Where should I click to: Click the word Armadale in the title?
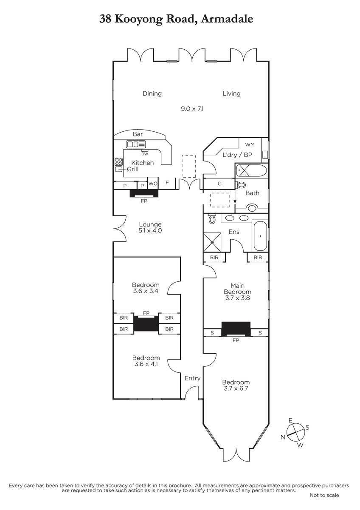[227, 19]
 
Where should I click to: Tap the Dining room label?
[152, 93]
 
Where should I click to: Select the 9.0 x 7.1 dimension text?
[192, 109]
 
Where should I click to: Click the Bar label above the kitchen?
[138, 134]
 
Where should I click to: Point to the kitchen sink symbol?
[136, 144]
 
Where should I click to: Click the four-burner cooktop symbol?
[119, 161]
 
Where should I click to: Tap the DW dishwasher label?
[145, 154]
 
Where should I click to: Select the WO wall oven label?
[153, 183]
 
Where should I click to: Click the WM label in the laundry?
[250, 144]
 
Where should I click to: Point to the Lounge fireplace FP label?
[144, 201]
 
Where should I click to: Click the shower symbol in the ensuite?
[212, 242]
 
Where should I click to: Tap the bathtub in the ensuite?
[260, 236]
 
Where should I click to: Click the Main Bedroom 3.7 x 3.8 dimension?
[237, 298]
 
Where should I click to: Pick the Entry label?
[192, 378]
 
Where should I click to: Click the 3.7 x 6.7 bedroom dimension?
[236, 388]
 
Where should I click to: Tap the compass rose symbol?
[295, 432]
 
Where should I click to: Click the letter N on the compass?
[283, 437]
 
